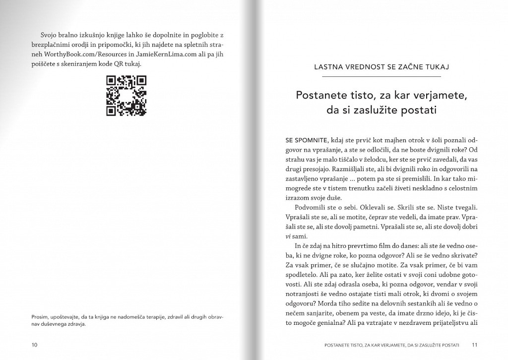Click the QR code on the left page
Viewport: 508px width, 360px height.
pyautogui.click(x=127, y=95)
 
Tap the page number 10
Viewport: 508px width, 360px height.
pyautogui.click(x=34, y=344)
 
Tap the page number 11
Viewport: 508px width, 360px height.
pyautogui.click(x=474, y=344)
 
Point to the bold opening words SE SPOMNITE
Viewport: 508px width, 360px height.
pyautogui.click(x=297, y=140)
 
